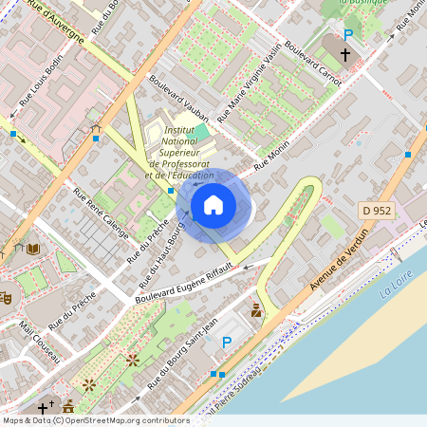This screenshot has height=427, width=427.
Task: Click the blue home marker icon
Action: (x=213, y=204)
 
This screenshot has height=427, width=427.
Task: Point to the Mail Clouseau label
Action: (x=39, y=343)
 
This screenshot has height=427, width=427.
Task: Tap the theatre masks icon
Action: (x=6, y=296)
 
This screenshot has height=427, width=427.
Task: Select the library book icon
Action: (x=33, y=249)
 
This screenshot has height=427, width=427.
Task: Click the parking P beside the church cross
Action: (x=348, y=35)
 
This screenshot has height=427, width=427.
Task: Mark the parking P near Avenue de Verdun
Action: (x=226, y=342)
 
